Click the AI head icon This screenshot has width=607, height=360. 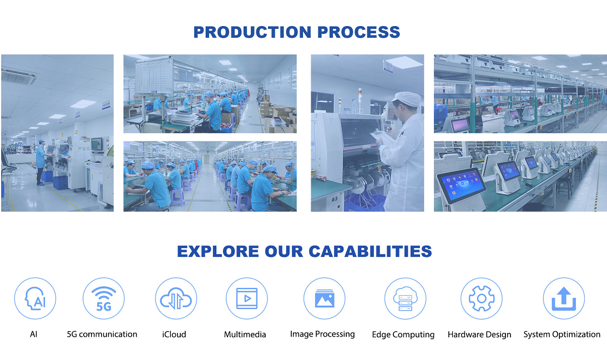35,298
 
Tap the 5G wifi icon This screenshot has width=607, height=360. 103,298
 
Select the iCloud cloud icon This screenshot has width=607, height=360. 176,298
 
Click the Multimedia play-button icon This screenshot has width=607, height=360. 246,298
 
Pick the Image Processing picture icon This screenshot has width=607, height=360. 325,298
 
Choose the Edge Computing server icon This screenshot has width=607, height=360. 405,298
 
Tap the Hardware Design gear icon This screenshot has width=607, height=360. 482,298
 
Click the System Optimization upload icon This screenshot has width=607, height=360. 564,298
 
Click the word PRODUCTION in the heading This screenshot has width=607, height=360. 252,32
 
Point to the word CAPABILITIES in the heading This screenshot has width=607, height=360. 370,252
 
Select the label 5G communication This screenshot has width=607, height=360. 102,334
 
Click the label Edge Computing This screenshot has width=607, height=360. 403,334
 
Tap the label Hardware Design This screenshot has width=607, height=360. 479,334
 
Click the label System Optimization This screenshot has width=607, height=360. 562,334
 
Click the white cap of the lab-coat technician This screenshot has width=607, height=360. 407,99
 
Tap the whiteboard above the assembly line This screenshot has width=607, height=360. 154,75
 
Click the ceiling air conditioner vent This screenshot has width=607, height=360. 18,76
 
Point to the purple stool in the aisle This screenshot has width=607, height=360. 178,197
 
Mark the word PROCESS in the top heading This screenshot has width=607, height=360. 358,32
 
